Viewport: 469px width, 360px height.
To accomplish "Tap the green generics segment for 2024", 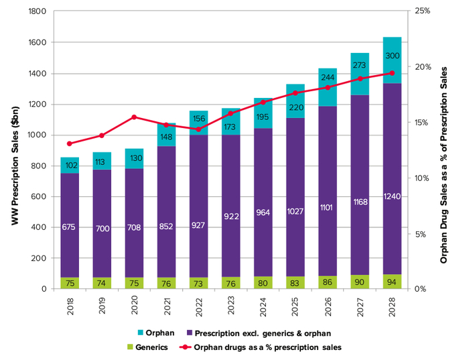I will (x=263, y=283).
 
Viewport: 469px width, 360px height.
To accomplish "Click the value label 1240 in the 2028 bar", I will (x=392, y=196).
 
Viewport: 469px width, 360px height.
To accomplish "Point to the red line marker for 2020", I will (x=134, y=117).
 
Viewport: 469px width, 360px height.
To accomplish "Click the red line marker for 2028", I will (x=392, y=73).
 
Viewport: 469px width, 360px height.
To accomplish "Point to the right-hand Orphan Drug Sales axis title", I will (x=444, y=150).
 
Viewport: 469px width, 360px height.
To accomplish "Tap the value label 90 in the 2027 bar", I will (x=360, y=282).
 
